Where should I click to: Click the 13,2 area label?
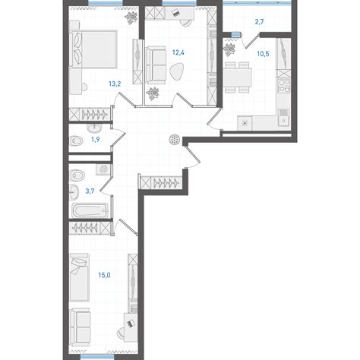[115, 84]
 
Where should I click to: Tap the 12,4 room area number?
[178, 52]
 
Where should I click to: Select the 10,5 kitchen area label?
[263, 54]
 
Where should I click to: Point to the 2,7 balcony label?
[260, 22]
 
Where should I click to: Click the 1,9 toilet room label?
[95, 140]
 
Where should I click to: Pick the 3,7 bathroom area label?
[90, 191]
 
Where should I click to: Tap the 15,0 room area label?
[104, 275]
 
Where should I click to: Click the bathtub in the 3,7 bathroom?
[90, 210]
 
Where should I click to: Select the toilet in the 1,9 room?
[76, 141]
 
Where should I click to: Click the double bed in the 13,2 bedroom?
[93, 49]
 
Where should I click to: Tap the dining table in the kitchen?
[238, 77]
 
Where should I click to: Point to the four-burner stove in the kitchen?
[284, 85]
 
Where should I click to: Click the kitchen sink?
[284, 118]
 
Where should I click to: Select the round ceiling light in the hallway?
[175, 140]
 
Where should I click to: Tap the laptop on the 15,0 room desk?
[131, 324]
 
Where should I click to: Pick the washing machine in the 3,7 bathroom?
[103, 169]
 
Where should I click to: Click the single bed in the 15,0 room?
[79, 277]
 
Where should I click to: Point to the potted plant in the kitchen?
[230, 49]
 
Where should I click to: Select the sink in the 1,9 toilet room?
[95, 128]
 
